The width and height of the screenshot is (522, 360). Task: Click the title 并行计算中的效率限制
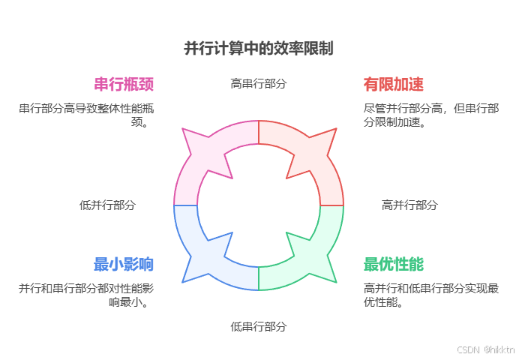[x=259, y=48]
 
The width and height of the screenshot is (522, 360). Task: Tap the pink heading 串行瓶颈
[x=124, y=83]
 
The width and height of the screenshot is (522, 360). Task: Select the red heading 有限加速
[x=393, y=83]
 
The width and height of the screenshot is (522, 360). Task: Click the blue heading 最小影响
[x=124, y=264]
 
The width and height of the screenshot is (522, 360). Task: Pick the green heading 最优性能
[x=393, y=264]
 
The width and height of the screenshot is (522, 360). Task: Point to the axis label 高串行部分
[x=259, y=83]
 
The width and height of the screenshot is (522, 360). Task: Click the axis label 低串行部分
[x=259, y=326]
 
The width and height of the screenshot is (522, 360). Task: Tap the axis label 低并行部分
[x=107, y=205]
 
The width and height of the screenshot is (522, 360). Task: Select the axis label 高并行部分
[x=409, y=205]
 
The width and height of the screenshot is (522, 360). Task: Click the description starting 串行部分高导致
[x=90, y=115]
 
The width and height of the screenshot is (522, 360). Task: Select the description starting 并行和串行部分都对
[x=90, y=295]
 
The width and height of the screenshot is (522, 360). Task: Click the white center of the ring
[x=259, y=205]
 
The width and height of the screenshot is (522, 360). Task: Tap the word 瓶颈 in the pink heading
[x=139, y=83]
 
